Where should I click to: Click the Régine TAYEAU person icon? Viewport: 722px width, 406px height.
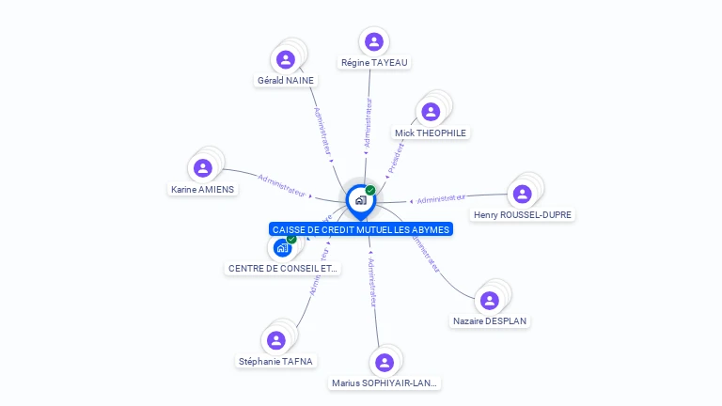coord(373,41)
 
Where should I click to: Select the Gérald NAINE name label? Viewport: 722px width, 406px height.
coord(286,81)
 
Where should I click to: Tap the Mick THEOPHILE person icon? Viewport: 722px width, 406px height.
coord(431,112)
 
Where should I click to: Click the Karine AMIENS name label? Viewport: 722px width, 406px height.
coord(202,189)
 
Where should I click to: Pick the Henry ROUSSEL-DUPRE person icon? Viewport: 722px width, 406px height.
coord(522,194)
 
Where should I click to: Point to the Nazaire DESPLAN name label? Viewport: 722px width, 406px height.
coord(490,321)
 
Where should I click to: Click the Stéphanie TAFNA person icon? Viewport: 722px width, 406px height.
coord(275,340)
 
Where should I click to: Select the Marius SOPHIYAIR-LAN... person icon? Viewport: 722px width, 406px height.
coord(384,362)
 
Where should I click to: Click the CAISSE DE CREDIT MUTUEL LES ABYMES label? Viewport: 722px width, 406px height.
coord(361,229)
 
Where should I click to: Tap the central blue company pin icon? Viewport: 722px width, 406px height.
coord(360,200)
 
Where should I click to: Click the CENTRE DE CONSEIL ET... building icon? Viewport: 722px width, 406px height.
coord(281,248)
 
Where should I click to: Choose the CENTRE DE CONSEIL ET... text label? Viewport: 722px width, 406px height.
coord(282,269)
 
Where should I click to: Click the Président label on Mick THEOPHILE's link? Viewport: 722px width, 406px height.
coord(396,159)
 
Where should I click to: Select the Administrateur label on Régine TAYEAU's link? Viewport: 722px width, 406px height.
coord(368,123)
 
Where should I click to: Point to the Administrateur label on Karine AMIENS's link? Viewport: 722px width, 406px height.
coord(281,184)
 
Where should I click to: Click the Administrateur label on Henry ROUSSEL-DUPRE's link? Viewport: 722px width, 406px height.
coord(441,198)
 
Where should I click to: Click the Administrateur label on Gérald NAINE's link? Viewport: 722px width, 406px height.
coord(322,131)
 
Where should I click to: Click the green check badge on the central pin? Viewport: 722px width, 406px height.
coord(370,191)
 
